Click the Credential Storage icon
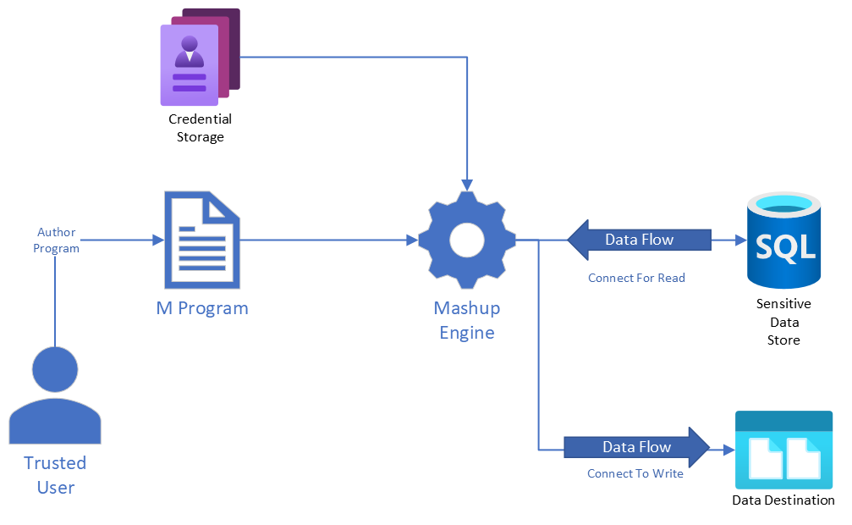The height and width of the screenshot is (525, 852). click(x=200, y=58)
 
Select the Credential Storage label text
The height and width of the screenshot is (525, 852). click(x=200, y=128)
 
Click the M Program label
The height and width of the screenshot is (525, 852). click(x=202, y=308)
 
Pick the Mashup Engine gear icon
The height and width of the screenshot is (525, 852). click(x=467, y=240)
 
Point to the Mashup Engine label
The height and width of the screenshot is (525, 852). click(x=467, y=320)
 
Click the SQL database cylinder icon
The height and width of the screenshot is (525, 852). click(x=783, y=240)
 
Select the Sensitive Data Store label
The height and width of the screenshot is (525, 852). click(x=783, y=322)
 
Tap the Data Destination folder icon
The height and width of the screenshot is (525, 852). click(x=783, y=450)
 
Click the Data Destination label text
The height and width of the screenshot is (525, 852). click(x=783, y=500)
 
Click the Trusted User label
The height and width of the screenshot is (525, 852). click(x=55, y=475)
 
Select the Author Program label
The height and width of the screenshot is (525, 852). click(x=57, y=240)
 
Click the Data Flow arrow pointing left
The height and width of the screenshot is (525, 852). click(x=639, y=240)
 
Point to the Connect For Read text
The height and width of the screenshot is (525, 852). click(x=636, y=278)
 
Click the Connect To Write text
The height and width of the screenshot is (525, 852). click(x=635, y=474)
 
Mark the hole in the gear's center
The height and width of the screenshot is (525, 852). click(x=467, y=240)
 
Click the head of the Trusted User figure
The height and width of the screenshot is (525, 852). click(x=55, y=370)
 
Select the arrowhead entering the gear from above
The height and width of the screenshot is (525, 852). click(x=467, y=183)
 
